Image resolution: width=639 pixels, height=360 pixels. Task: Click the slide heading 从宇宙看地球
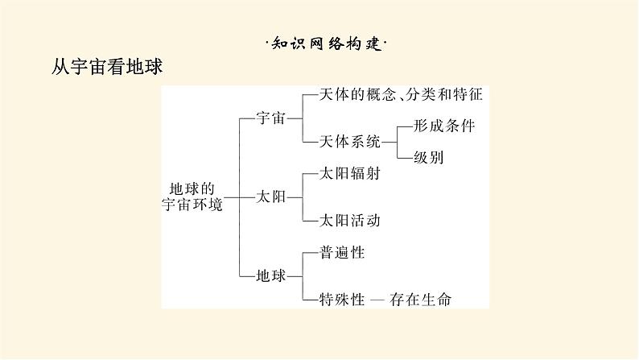[x=107, y=66]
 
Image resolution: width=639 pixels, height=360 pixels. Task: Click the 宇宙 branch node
[x=270, y=118]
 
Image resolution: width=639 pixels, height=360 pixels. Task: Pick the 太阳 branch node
[x=270, y=196]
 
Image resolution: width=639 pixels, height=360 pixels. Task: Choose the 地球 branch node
[x=270, y=275]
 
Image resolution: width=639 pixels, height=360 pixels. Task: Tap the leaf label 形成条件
[x=444, y=126]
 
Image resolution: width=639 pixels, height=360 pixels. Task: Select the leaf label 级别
[x=428, y=157]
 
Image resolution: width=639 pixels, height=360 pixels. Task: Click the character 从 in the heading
[x=60, y=66]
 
